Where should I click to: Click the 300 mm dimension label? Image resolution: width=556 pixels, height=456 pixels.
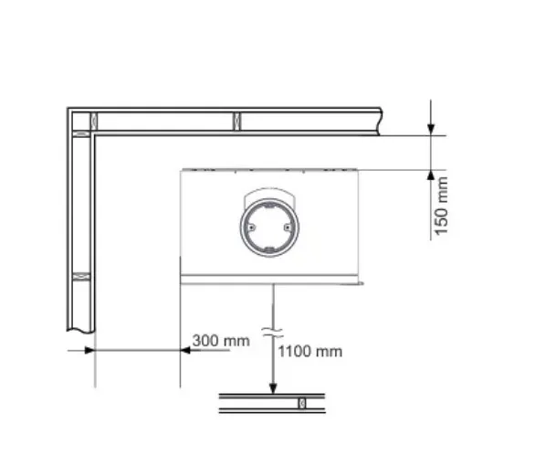pos(221,341)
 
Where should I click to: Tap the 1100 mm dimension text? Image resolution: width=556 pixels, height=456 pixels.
pos(309,352)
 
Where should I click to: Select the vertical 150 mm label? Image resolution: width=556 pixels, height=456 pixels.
pos(441,207)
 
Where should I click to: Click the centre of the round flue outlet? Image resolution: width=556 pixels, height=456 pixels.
pos(269,228)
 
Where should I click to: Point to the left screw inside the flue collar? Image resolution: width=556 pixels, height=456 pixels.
pos(251,228)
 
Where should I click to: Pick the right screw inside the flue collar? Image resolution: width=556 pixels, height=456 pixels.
pos(288,228)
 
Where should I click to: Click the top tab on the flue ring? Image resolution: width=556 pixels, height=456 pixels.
pos(269,205)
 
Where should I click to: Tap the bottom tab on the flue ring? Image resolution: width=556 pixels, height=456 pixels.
pos(269,250)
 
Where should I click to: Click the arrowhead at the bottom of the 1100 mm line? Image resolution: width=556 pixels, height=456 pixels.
pos(273,388)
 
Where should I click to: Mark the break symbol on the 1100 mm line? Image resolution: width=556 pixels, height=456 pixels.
pos(273,333)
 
